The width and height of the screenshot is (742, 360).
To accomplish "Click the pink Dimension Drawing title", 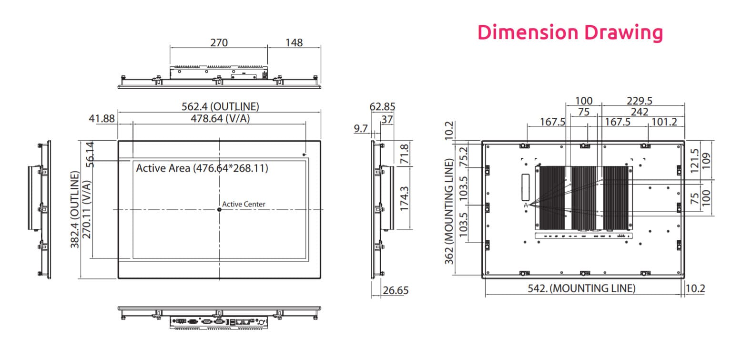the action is pyautogui.click(x=570, y=33).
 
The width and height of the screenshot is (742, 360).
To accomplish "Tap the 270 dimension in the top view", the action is pyautogui.click(x=219, y=42).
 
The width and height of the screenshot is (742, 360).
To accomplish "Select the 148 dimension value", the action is pyautogui.click(x=294, y=42).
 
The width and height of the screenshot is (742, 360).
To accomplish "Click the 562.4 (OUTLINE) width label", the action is pyautogui.click(x=220, y=106).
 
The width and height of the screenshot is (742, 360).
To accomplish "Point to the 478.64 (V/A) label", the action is pyautogui.click(x=220, y=118).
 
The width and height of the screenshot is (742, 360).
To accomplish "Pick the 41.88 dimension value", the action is pyautogui.click(x=102, y=118).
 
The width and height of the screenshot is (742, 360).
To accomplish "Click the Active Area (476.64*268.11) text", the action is pyautogui.click(x=202, y=168).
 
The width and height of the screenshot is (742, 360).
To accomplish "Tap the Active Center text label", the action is pyautogui.click(x=244, y=204).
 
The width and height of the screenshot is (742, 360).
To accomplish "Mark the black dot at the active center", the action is pyautogui.click(x=219, y=209).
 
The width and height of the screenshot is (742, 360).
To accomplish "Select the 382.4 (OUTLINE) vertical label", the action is pyautogui.click(x=75, y=209).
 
